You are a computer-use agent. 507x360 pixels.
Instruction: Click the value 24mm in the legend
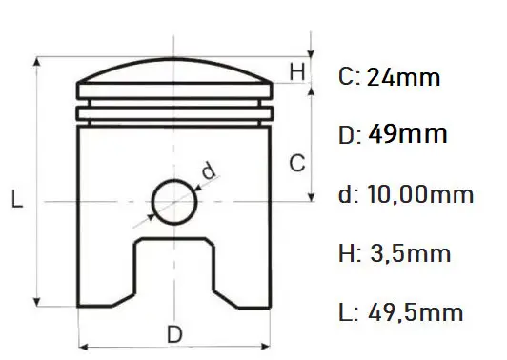click(x=403, y=77)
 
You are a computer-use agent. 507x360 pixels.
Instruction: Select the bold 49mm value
click(x=408, y=133)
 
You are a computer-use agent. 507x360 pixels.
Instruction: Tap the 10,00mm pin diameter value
click(x=420, y=194)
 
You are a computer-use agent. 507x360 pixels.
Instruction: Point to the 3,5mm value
click(x=410, y=253)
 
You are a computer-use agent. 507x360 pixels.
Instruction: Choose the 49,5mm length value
click(x=416, y=312)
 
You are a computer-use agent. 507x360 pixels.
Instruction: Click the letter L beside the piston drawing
click(x=17, y=199)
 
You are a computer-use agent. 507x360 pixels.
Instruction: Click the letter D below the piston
click(x=174, y=334)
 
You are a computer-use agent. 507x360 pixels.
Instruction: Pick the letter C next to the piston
click(x=297, y=163)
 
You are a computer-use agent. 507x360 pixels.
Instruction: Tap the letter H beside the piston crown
click(x=297, y=71)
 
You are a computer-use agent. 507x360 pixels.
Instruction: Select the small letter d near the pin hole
click(x=209, y=170)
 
